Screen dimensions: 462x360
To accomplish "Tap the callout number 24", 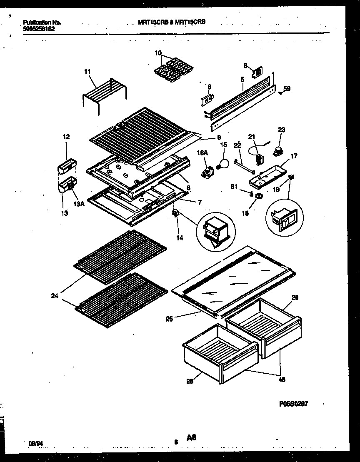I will click(55, 297).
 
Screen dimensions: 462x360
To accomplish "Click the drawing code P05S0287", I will click(293, 404).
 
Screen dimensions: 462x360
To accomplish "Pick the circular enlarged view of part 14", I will click(216, 233).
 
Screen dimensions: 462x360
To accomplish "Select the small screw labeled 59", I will click(280, 93).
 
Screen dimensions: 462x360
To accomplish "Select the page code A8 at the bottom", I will click(191, 437).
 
